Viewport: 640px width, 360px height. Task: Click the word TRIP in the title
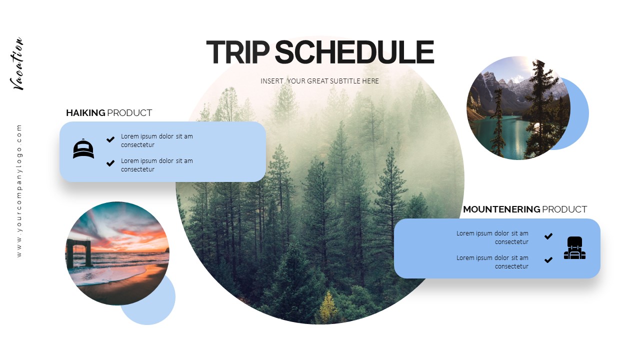237,52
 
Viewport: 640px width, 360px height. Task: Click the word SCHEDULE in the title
354,52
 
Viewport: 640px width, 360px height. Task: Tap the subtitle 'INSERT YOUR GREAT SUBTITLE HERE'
319,81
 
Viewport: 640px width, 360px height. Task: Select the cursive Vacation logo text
18,64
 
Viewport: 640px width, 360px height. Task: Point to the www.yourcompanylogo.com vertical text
19,190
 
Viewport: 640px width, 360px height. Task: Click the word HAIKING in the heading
85,113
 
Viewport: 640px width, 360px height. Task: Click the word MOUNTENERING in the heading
501,209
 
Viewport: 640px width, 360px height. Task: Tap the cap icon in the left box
83,149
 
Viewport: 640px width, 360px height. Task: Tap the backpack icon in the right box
574,248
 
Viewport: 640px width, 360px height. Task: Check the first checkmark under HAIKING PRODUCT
110,139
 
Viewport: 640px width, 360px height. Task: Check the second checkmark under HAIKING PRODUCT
110,163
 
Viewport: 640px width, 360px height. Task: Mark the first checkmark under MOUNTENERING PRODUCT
548,236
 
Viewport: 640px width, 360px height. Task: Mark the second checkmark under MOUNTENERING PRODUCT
548,260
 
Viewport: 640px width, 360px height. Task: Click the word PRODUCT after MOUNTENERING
564,209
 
